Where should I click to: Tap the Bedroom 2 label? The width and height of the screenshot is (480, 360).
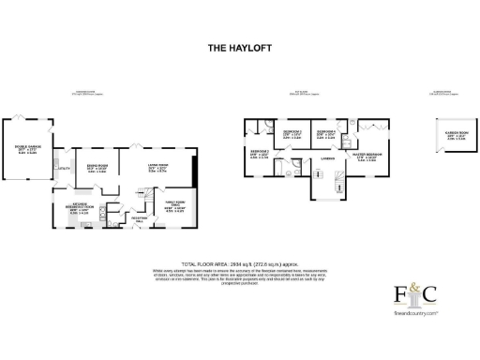259,154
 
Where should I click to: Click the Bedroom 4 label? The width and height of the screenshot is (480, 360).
325,134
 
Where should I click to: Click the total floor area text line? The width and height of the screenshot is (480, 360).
239,265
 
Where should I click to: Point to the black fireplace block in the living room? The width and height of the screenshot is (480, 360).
194,172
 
